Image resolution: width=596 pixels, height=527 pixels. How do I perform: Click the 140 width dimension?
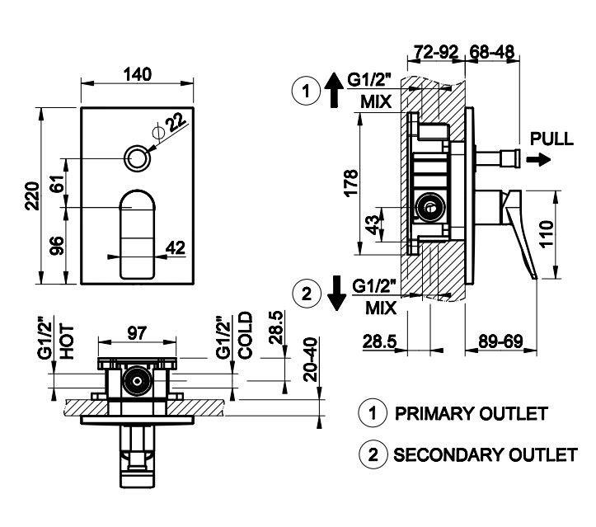(x=138, y=73)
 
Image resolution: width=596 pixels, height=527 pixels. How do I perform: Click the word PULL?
(x=551, y=139)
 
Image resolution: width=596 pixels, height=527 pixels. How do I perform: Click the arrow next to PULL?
(x=537, y=159)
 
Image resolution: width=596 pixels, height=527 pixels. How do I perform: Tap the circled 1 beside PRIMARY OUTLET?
(x=373, y=413)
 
